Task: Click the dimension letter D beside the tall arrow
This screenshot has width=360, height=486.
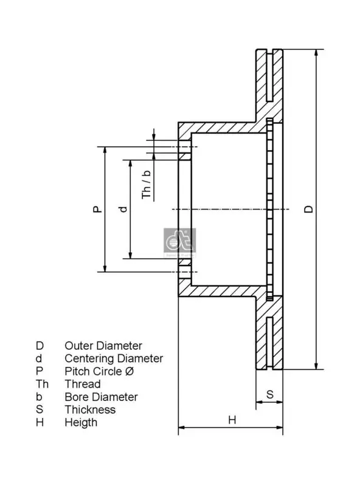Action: tap(308, 209)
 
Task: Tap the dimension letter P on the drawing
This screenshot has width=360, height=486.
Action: tap(98, 209)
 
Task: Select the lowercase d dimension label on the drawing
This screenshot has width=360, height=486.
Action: tap(123, 209)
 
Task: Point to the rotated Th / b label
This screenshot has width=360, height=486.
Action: tap(146, 185)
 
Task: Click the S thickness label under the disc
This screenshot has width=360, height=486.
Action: tap(269, 394)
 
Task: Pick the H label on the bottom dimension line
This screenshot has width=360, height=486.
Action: tap(232, 420)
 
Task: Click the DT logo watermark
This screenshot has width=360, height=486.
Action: tap(179, 242)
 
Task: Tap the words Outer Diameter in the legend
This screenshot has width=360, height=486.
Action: tap(103, 346)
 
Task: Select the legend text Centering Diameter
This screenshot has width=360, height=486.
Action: tap(114, 358)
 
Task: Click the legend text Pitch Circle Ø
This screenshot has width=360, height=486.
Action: tap(99, 371)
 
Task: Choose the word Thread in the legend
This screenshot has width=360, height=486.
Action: tap(83, 384)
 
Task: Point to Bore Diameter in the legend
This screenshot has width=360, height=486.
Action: tap(101, 397)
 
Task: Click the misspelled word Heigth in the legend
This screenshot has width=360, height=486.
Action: tap(81, 422)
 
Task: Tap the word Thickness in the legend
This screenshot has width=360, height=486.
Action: tap(90, 409)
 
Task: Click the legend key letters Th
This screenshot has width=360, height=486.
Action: tap(42, 384)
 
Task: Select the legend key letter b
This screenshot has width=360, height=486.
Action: tap(39, 397)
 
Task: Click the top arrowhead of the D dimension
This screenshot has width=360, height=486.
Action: tap(316, 53)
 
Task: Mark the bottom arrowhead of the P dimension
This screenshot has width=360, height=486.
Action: tap(105, 268)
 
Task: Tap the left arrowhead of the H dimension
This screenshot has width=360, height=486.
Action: tap(182, 428)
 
